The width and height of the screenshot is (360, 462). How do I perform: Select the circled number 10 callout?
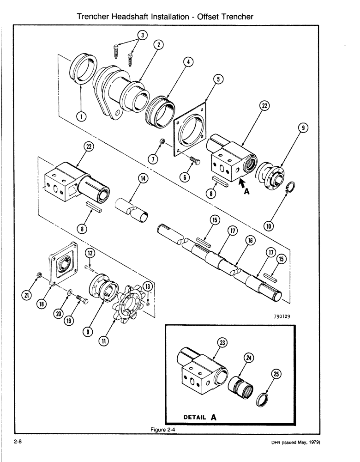(269, 226)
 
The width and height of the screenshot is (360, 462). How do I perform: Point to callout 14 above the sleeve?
(143, 179)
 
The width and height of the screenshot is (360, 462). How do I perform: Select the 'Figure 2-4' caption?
(159, 430)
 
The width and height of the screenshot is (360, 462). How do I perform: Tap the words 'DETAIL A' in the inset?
(200, 417)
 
